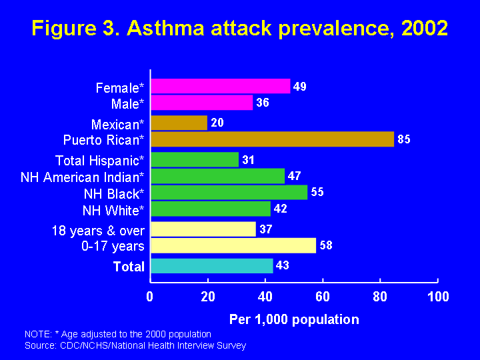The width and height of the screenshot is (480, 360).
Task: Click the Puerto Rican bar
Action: coord(272,139)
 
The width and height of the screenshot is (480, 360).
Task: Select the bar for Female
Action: coord(221,86)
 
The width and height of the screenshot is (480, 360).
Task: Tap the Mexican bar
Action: coord(179,123)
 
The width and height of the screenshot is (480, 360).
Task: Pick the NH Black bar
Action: coord(229,192)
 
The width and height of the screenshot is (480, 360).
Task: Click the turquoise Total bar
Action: coord(212,266)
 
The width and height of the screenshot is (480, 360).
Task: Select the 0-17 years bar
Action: coord(233,245)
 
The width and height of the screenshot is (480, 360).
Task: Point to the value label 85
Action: coord(403,139)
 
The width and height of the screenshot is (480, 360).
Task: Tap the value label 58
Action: coord(325,245)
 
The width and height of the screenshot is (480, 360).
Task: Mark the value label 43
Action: coord(282,266)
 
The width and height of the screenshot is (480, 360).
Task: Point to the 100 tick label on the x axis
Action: coord(438,297)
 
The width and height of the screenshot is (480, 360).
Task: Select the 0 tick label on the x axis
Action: coord(151,297)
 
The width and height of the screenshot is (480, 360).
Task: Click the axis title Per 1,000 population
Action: coord(294,319)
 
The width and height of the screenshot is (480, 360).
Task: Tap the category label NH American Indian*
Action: coord(83,177)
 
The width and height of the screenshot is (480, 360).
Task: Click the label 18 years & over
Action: coord(98,231)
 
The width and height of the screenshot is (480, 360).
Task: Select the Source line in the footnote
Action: coord(135,345)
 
